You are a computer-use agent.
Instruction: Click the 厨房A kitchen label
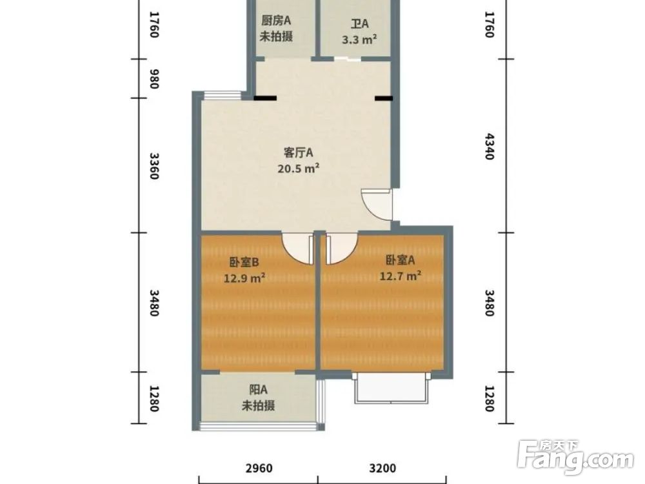point(276,21)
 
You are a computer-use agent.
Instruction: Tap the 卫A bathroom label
point(359,24)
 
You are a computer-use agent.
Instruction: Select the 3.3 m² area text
point(359,40)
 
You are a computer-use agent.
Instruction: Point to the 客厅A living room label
point(298,153)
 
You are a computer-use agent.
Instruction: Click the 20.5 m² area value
point(299,168)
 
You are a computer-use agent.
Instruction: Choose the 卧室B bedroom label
point(244,262)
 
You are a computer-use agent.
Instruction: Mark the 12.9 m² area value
point(244,278)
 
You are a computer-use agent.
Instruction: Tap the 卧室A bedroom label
point(400,259)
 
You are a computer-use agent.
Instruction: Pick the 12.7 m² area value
point(401,276)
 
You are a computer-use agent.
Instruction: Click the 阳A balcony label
point(259,389)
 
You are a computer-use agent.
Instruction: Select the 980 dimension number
point(154,79)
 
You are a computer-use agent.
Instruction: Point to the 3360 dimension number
point(154,166)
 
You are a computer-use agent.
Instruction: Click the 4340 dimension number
point(489,146)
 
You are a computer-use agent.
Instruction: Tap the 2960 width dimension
point(259,468)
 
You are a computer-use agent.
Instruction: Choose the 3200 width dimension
point(382,468)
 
